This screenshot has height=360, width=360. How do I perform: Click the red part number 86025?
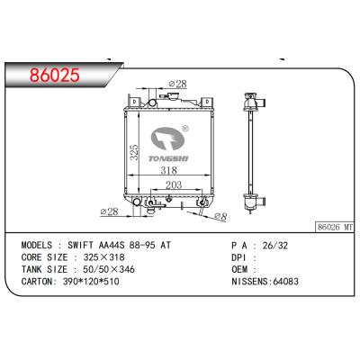[x=55, y=75]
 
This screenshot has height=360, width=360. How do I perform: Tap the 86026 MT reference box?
[x=335, y=227]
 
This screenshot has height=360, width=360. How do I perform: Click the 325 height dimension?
[x=135, y=152]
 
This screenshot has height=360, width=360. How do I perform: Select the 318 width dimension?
[x=168, y=170]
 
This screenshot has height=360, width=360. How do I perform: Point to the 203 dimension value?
[x=174, y=184]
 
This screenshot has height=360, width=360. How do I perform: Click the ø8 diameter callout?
[x=220, y=216]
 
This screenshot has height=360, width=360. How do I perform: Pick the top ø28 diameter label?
[x=177, y=84]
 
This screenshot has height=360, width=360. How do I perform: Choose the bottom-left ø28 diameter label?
[x=110, y=211]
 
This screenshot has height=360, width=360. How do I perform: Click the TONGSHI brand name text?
[x=168, y=158]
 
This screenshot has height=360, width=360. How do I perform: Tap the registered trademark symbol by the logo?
[x=185, y=129]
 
